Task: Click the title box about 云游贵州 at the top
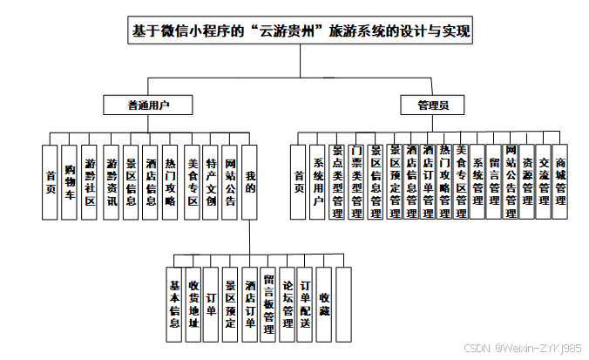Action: pos(300,32)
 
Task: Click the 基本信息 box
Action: pos(174,303)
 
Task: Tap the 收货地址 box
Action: pos(193,303)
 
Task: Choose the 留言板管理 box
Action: pos(268,303)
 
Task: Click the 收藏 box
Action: pos(324,303)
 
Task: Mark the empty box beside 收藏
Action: pos(343,303)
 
